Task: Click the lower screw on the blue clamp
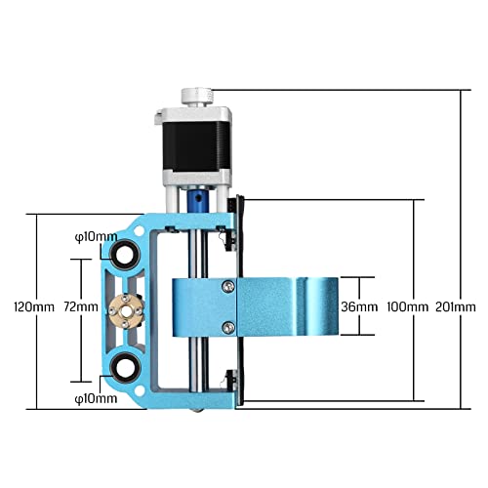click(x=228, y=326)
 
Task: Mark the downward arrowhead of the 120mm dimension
click(x=36, y=403)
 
